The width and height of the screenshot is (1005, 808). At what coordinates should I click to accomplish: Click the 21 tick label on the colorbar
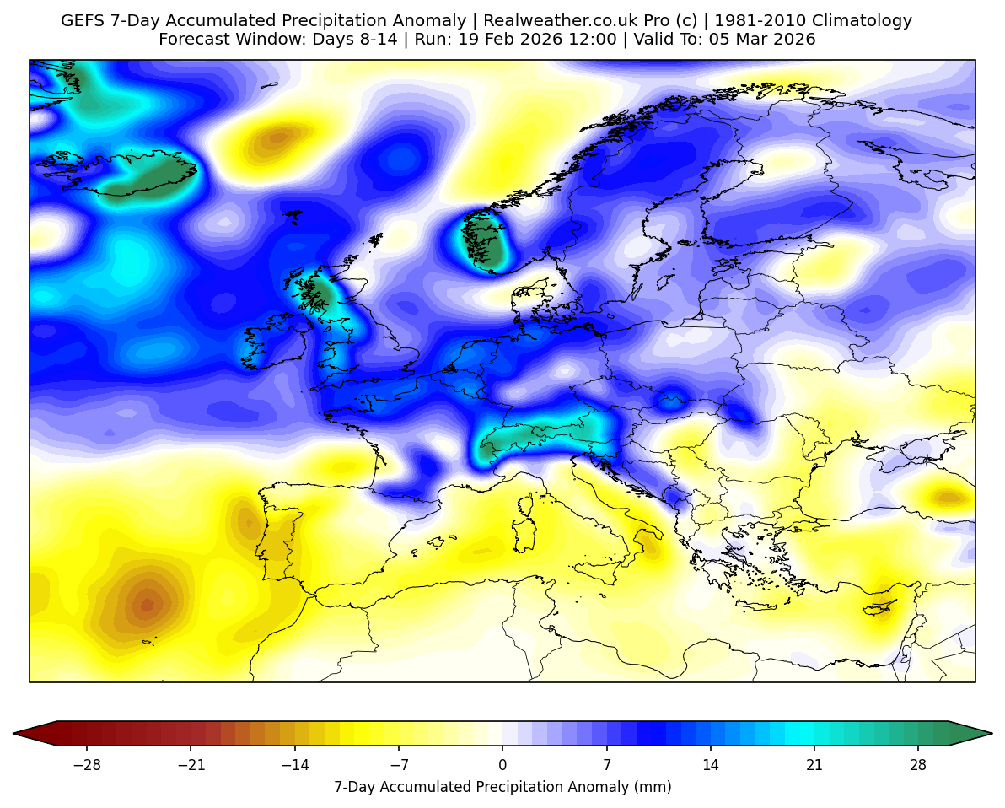814,766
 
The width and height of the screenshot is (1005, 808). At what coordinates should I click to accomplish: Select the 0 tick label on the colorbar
502,766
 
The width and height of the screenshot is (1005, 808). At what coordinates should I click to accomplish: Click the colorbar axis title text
502,788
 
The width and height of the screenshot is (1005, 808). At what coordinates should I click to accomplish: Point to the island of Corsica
528,505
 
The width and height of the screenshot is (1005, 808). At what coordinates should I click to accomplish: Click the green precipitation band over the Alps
540,435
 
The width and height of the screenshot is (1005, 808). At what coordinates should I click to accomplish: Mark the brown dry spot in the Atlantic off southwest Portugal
147,604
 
